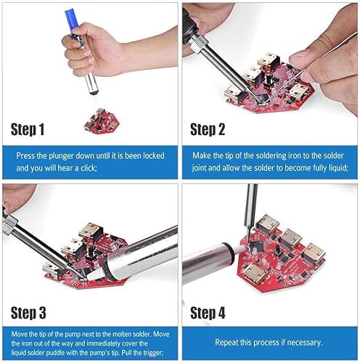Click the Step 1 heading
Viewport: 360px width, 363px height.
[x=28, y=129]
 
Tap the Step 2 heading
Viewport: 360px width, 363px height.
[x=208, y=129]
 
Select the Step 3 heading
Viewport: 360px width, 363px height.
[x=28, y=313]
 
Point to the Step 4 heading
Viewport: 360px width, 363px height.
[x=208, y=313]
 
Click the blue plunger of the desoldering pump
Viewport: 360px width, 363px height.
[x=70, y=20]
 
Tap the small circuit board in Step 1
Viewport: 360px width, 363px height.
[x=102, y=121]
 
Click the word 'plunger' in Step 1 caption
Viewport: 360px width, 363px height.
[x=62, y=155]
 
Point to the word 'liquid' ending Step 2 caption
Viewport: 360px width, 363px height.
[x=339, y=168]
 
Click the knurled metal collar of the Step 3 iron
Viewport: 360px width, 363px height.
[x=9, y=225]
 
